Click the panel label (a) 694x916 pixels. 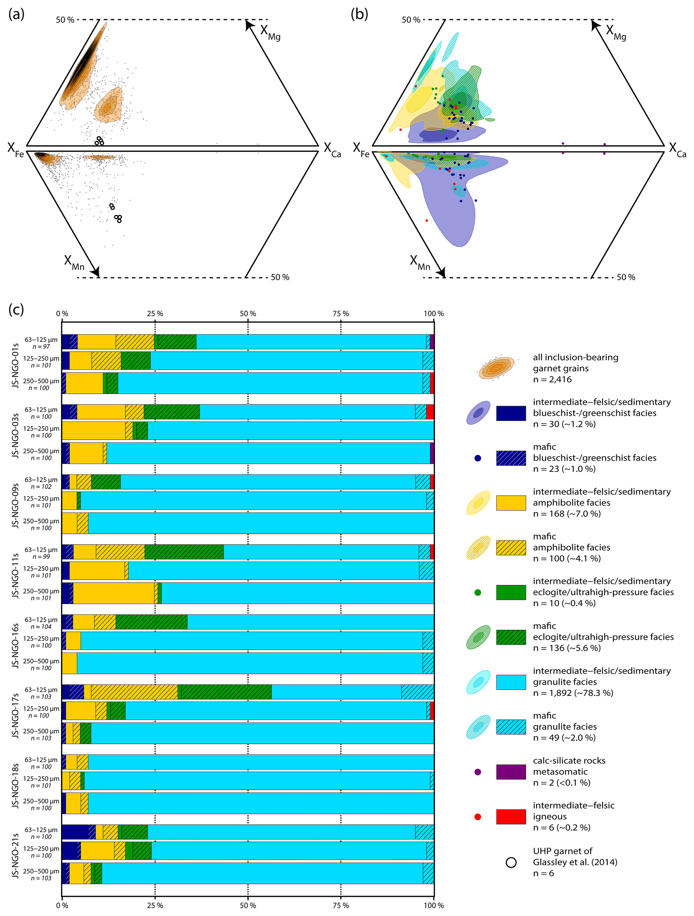(16, 14)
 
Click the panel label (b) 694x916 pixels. (359, 14)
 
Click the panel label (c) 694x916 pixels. (16, 310)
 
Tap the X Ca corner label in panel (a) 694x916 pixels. (332, 150)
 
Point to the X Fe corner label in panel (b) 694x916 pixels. (361, 150)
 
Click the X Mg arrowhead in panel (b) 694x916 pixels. (595, 24)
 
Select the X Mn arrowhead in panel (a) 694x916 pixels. (95, 272)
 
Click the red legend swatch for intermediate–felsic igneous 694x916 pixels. (511, 817)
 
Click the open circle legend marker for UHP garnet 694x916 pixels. (511, 862)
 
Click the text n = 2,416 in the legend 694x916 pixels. (552, 379)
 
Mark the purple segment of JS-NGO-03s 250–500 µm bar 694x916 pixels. (432, 453)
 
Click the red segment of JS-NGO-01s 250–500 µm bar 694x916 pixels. (432, 383)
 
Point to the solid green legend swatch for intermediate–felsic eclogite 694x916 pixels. (511, 592)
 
